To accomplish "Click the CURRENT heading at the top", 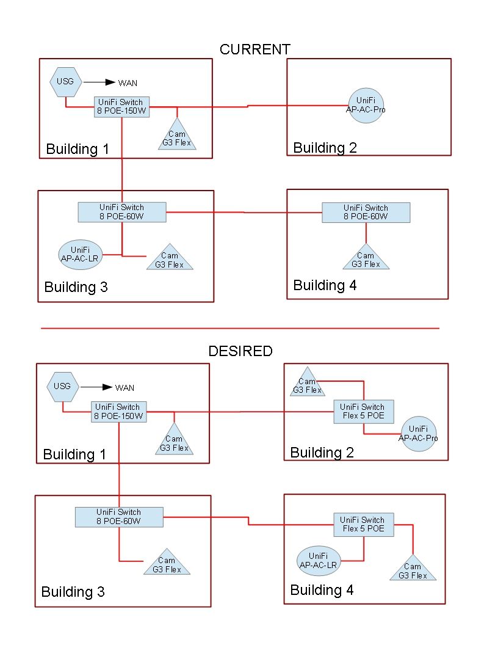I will click(x=255, y=49).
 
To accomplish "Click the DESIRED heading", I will click(x=240, y=351).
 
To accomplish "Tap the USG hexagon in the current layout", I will click(x=65, y=81).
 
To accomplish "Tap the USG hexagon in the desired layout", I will click(x=62, y=387).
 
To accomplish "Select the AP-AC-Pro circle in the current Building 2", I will click(x=366, y=105).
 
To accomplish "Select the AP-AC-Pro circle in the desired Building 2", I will click(x=418, y=434).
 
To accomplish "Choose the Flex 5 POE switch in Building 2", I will click(x=363, y=412).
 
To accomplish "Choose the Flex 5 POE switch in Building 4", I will click(x=363, y=524).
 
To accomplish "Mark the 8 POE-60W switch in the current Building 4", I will click(x=366, y=212).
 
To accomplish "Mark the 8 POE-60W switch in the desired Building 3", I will click(x=118, y=517).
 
